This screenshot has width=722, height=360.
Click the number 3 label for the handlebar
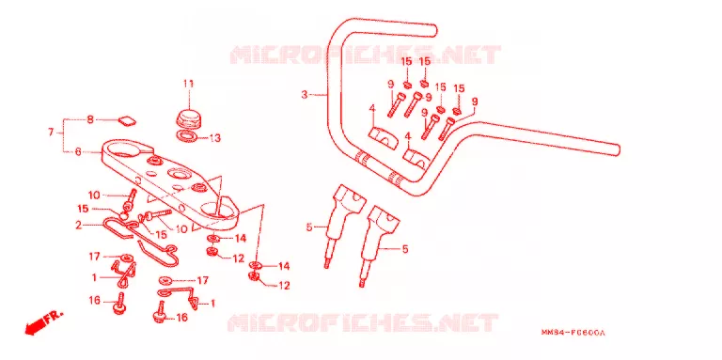(x=304, y=95)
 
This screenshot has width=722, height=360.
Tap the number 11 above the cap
(x=188, y=84)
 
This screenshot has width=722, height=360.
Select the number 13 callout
(x=215, y=137)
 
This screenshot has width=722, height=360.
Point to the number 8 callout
(x=90, y=119)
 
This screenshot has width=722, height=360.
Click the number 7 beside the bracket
(x=51, y=133)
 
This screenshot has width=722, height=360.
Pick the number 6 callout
(x=78, y=151)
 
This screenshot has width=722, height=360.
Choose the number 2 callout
(x=78, y=226)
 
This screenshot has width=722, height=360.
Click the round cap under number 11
(x=188, y=118)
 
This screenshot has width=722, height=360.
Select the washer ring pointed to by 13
(x=187, y=135)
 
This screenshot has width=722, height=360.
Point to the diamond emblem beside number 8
(x=127, y=120)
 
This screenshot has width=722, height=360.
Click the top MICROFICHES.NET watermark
(x=364, y=55)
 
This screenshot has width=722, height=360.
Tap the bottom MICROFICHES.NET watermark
(x=362, y=323)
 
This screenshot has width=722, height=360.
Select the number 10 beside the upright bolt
(x=94, y=196)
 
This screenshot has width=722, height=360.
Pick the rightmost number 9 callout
(x=475, y=101)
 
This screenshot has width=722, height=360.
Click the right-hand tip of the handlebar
(x=616, y=149)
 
